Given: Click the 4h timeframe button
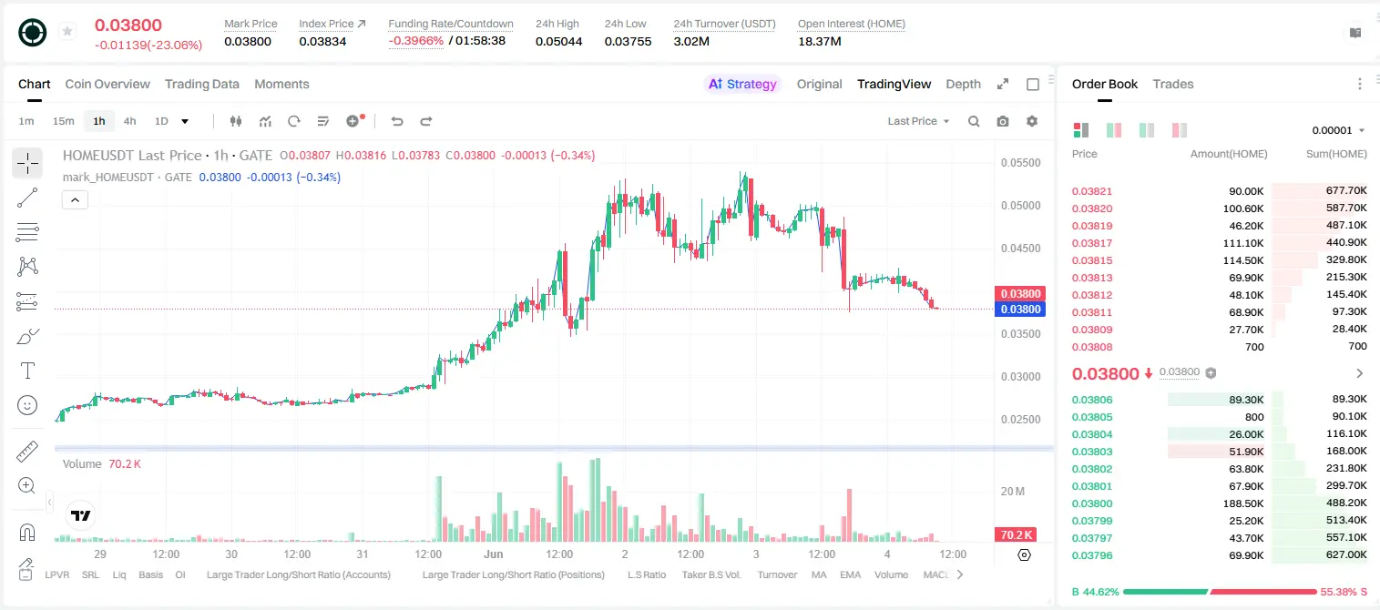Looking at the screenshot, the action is click(x=129, y=121).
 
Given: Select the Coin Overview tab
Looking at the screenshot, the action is click(x=107, y=85).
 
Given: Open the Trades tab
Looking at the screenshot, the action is click(x=1173, y=85).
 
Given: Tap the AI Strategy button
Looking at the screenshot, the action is click(x=742, y=85).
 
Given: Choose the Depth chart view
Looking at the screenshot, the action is click(x=963, y=85).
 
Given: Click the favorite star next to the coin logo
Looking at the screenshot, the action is click(x=67, y=31).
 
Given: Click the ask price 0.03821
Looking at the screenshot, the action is click(x=1091, y=191).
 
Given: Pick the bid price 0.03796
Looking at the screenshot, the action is click(x=1091, y=555).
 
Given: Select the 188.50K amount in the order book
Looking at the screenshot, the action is click(x=1243, y=503).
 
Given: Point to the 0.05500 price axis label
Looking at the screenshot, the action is click(x=1020, y=163).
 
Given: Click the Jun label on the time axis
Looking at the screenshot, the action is click(x=494, y=554).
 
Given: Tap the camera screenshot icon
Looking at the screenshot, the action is click(x=1003, y=121).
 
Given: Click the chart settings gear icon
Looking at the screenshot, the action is click(x=1032, y=121).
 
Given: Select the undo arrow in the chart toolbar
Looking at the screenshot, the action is click(x=397, y=121).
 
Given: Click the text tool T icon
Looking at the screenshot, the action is click(x=27, y=371).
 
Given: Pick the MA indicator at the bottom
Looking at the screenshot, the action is click(x=819, y=574).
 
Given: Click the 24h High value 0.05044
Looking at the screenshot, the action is click(x=558, y=42).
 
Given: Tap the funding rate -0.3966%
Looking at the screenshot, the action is click(x=416, y=41).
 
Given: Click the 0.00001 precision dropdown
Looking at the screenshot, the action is click(x=1338, y=130).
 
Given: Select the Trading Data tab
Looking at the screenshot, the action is click(x=201, y=85).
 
